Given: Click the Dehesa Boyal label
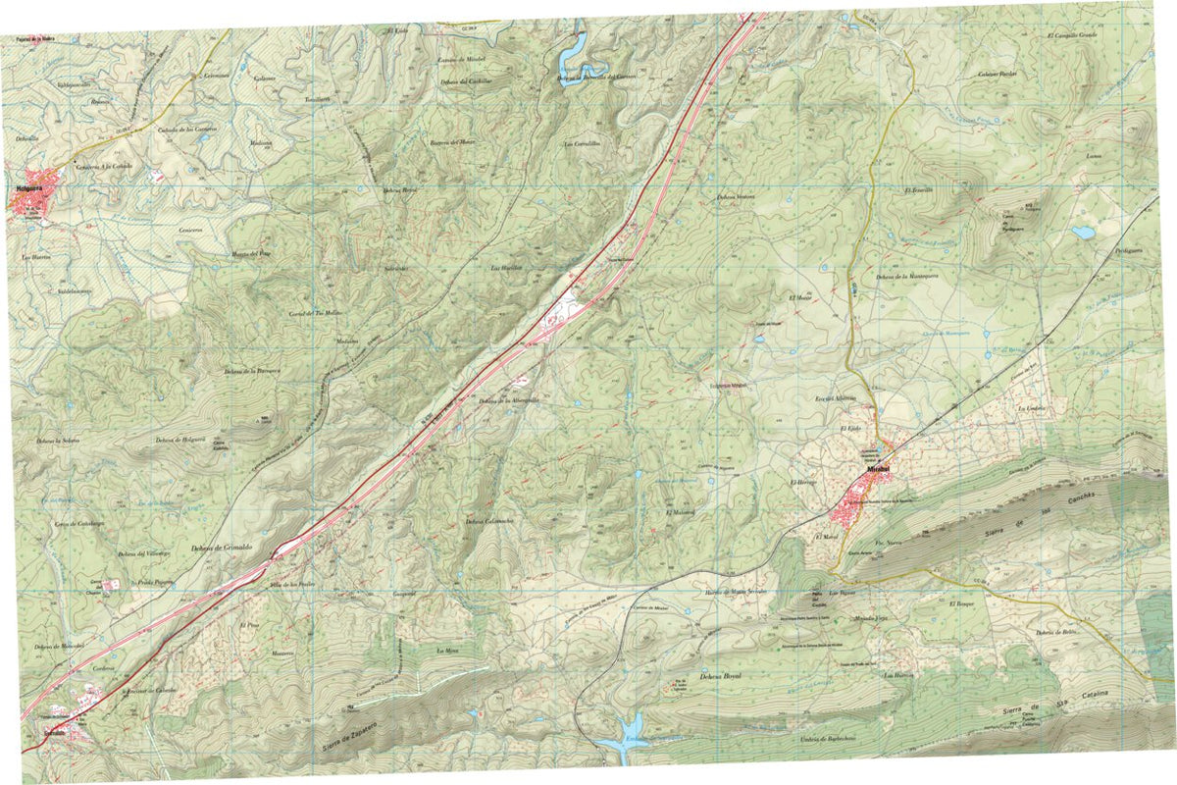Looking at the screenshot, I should click(719, 677).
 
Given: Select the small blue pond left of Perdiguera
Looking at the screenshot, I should click(1083, 234).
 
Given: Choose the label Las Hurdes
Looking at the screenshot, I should click(504, 267).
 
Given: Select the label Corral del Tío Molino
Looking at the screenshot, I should click(314, 313).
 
